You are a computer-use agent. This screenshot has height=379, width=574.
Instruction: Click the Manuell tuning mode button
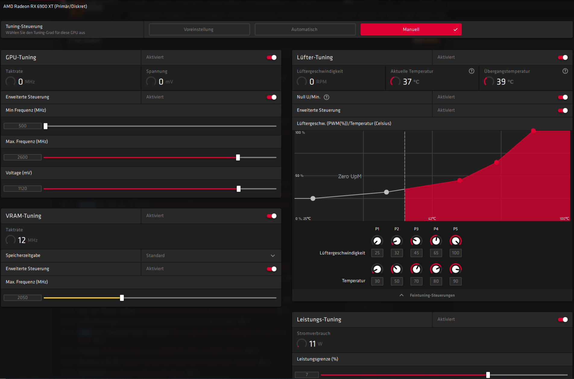click(411, 30)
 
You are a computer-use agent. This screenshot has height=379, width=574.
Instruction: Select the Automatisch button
click(305, 30)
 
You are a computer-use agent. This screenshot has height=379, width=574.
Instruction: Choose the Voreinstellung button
click(199, 30)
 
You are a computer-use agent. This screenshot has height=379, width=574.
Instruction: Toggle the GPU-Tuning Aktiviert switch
click(272, 58)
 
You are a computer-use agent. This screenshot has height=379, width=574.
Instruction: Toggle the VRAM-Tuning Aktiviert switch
click(272, 216)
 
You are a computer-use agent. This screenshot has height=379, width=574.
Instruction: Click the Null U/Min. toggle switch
click(563, 97)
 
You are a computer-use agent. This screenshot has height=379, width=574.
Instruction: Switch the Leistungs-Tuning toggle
click(563, 320)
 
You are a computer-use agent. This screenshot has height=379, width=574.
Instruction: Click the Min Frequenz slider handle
click(46, 126)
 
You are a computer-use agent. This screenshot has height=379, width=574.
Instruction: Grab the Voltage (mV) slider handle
click(238, 189)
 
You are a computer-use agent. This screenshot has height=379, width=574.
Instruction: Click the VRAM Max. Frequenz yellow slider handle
click(122, 298)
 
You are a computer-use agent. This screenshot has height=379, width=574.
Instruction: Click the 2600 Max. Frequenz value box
click(23, 157)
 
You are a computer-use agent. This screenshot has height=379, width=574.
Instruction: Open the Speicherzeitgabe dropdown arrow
click(273, 256)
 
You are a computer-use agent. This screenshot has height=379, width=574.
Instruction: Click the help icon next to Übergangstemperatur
click(565, 71)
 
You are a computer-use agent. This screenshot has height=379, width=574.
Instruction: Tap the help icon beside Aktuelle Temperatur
click(471, 71)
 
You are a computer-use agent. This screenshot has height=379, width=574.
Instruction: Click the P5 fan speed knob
click(455, 241)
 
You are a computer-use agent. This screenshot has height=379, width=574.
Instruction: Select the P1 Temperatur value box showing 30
click(377, 281)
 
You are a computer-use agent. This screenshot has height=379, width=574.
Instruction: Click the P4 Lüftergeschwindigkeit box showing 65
click(436, 253)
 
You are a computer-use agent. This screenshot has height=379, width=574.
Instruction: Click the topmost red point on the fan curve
click(533, 131)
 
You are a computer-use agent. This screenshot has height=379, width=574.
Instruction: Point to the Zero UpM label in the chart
click(349, 177)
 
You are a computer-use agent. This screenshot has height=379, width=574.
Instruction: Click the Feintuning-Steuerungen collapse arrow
click(402, 295)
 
